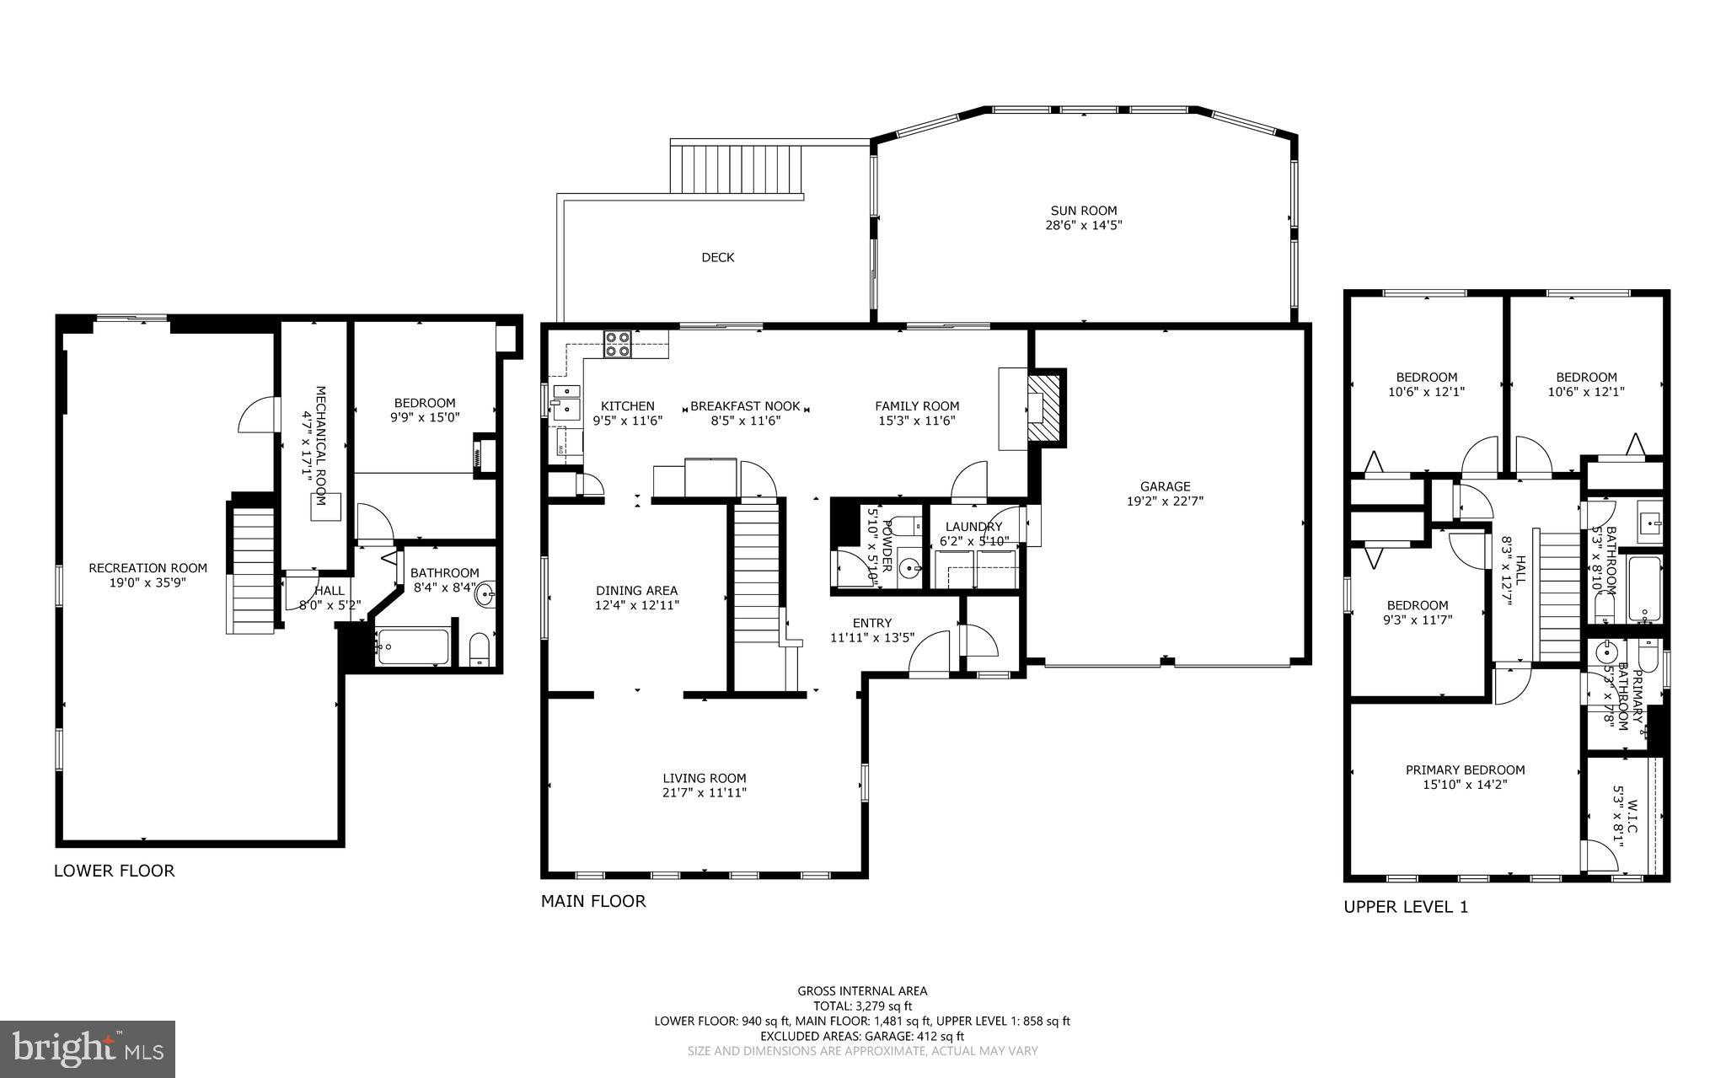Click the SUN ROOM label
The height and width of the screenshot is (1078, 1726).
click(1083, 211)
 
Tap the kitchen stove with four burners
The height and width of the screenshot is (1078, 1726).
click(617, 344)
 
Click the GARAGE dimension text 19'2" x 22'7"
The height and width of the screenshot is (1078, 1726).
click(1165, 501)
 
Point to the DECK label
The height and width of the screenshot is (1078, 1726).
click(717, 257)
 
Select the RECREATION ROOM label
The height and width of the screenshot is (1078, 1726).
click(147, 568)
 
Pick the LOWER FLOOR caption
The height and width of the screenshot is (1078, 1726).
click(114, 871)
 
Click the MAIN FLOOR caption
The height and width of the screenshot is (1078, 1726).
click(592, 901)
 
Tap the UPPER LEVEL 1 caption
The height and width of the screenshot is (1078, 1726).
click(1405, 907)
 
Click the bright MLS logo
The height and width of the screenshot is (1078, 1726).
click(88, 1049)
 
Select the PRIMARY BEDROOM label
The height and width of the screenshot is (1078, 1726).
click(1465, 770)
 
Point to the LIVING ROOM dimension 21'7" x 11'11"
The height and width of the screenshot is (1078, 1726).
click(704, 792)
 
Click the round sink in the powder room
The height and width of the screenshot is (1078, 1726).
click(909, 569)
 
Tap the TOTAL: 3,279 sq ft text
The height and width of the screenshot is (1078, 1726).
click(862, 1006)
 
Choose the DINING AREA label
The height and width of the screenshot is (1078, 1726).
click(636, 591)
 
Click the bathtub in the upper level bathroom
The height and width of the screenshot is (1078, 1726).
click(1644, 588)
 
